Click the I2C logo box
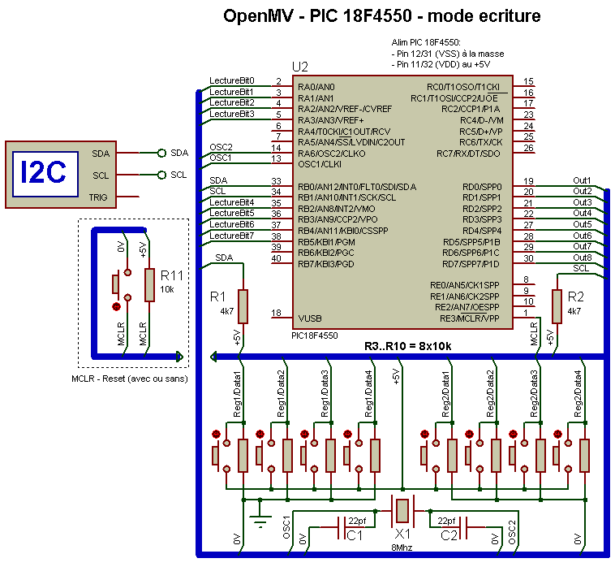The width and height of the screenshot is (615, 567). coord(45,174)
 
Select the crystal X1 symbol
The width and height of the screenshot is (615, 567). coord(402,511)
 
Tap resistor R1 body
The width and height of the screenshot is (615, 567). coord(243,306)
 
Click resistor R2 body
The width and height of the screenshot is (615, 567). coord(557,306)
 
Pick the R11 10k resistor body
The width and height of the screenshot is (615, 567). coord(149,285)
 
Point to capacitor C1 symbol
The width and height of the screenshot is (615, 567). coord(342,527)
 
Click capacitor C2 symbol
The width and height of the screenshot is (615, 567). coord(462,527)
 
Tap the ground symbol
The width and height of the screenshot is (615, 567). coord(260,519)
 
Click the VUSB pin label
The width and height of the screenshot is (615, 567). coord(310,318)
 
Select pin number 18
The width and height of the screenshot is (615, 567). coord(276,313)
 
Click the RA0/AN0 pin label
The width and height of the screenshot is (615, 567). coord(316,87)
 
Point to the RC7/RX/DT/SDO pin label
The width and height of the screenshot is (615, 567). coord(468,154)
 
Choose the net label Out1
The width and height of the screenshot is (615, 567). coord(582,180)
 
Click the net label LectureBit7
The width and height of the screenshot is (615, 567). coord(232,236)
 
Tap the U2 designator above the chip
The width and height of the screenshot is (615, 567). coord(300,67)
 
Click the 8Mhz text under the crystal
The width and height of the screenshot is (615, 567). coord(402,548)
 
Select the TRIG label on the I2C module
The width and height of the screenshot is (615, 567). coord(98,197)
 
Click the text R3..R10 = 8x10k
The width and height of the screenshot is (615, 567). coord(408,346)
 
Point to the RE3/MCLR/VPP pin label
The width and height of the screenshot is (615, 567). coord(470,318)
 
